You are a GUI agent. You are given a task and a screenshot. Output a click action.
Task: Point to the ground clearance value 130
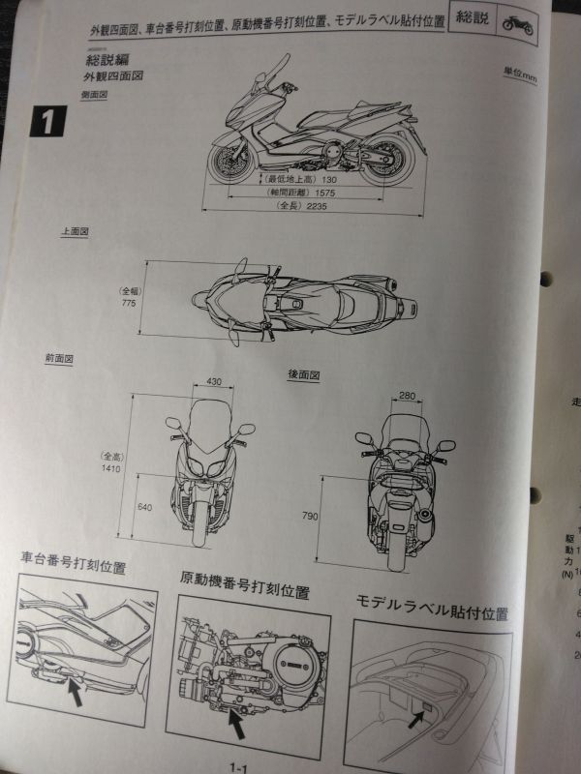click(329, 180)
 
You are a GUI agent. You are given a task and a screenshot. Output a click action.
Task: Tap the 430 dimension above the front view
click(214, 382)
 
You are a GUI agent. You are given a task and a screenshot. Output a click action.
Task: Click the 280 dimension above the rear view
click(407, 395)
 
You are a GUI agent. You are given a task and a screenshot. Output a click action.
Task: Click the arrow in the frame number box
click(74, 691)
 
